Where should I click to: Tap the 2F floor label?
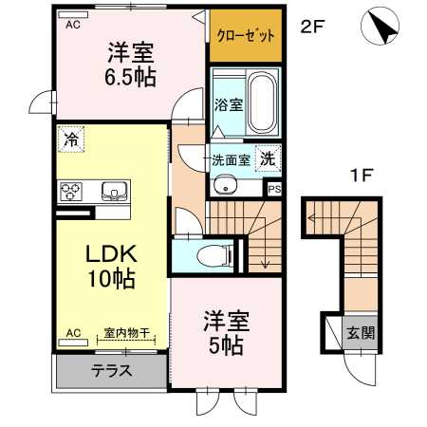312,27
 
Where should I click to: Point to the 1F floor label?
362,175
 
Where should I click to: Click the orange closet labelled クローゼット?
246,35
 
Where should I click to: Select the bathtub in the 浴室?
262,102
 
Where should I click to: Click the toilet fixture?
214,255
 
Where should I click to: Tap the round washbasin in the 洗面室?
225,187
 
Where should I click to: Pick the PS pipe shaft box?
274,189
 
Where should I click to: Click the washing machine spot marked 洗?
268,158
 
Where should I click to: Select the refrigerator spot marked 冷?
71,139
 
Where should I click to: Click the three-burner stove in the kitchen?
71,192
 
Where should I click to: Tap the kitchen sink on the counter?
115,192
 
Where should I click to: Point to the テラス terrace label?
111,371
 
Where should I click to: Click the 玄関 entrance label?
361,333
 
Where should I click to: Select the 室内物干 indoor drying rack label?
126,333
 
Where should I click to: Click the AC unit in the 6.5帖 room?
73,14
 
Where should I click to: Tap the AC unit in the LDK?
73,343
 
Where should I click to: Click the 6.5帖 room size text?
130,77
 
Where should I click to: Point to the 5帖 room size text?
226,345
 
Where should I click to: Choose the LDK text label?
112,253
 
